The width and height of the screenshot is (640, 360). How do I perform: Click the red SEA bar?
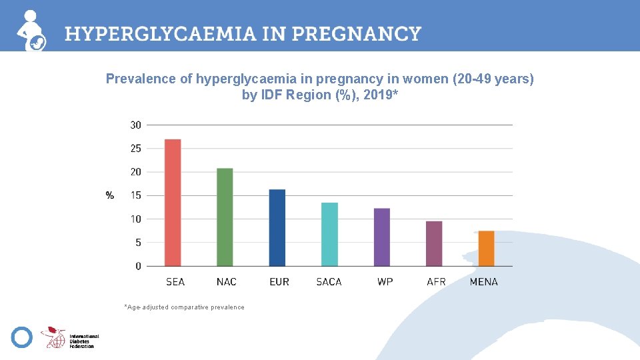(173, 203)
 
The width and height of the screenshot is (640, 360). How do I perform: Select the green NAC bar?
(225, 217)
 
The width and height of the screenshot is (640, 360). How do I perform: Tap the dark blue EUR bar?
(277, 228)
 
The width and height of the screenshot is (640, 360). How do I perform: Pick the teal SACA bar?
(329, 234)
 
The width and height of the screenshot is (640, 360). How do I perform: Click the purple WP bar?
(381, 237)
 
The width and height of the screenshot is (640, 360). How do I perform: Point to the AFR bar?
(434, 244)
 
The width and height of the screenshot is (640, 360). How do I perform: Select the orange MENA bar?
(486, 249)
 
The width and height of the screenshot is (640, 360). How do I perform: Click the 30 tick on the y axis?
(135, 125)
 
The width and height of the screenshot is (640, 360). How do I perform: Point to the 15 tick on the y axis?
(135, 195)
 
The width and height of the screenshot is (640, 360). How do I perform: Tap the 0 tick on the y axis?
(139, 266)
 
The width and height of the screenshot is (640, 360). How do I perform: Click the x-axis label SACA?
(329, 281)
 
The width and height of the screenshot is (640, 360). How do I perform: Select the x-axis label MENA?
(484, 281)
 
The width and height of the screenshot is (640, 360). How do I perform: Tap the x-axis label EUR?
(279, 281)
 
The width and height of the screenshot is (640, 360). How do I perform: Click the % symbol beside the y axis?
(110, 195)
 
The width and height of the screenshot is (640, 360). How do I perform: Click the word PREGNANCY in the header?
(356, 34)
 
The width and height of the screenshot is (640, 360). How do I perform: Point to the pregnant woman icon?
(31, 31)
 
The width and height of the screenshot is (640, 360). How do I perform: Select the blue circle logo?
(21, 337)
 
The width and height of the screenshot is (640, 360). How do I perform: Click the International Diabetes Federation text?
(84, 341)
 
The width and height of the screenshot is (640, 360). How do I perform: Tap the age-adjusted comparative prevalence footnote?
(184, 307)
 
